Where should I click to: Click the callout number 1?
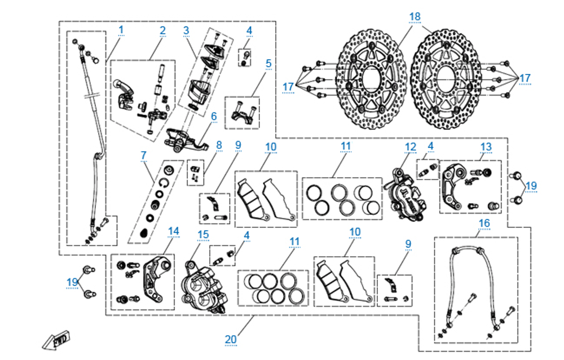coord(121,28)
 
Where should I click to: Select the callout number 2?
coord(162,30)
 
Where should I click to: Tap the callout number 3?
coord(186,30)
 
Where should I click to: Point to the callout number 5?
coord(268,63)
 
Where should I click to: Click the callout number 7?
coord(143,154)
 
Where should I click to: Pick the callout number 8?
coord(219,144)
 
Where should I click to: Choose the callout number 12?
coord(410,146)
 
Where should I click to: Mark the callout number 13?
coord(486,146)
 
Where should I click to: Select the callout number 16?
coord(484,223)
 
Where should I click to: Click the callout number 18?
coord(415,16)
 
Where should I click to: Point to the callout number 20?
coord(230,339)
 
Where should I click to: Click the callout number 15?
coord(202,234)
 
